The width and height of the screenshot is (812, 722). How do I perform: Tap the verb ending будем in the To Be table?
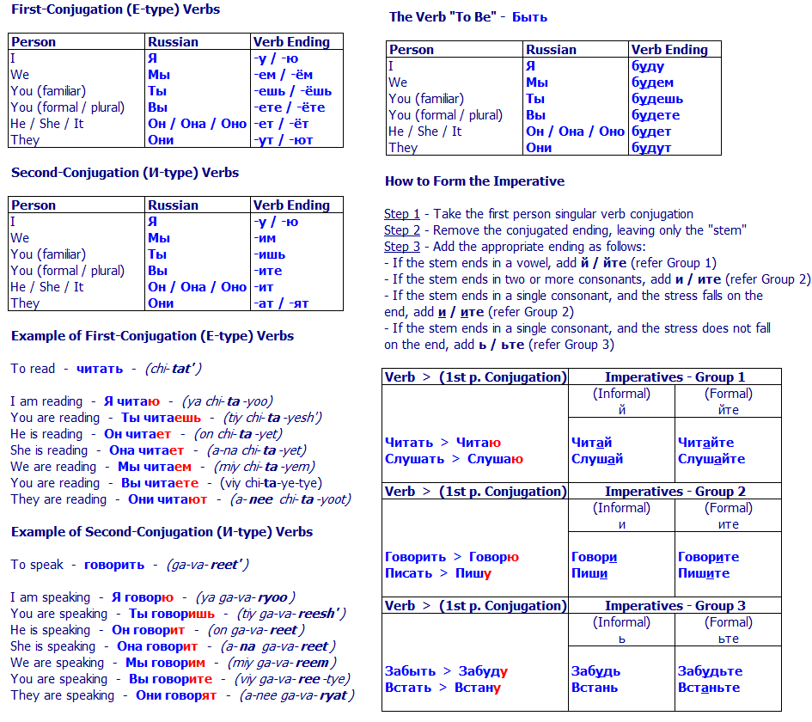click(x=652, y=83)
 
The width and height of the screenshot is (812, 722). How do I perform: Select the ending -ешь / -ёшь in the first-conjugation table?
click(x=292, y=90)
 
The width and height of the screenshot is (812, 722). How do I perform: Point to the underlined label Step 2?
click(x=402, y=230)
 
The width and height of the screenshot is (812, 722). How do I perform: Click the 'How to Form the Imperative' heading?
click(x=474, y=181)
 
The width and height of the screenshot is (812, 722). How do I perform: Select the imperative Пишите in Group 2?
click(x=704, y=573)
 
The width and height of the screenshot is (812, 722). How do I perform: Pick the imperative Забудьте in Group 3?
click(x=710, y=671)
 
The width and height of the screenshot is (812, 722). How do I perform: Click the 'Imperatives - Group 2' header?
click(x=675, y=492)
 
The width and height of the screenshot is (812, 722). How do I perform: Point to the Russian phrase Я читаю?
click(x=131, y=401)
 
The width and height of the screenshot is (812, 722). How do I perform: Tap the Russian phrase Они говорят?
click(x=176, y=695)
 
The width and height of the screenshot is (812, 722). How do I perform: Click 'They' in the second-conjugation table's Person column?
click(x=25, y=303)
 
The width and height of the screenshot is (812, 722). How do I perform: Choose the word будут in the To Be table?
click(x=651, y=148)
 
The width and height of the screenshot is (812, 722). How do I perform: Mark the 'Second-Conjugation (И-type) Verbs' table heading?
click(x=125, y=173)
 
